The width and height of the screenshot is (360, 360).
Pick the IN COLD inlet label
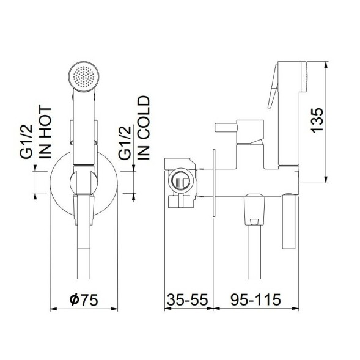pos(144,128)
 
